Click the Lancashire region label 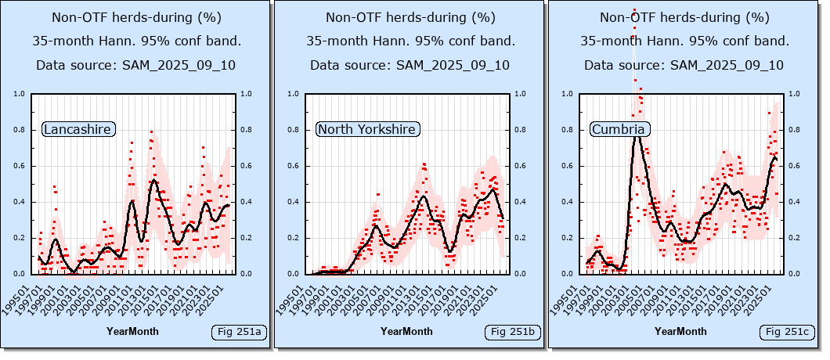pos(78,129)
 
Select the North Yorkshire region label pos(367,129)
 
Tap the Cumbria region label pos(619,129)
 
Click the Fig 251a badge pos(239,333)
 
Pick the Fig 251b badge pos(513,333)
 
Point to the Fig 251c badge pos(787,333)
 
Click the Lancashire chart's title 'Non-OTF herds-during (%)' pos(136,17)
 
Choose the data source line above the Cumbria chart pos(684,65)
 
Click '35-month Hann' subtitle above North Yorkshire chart pos(410,41)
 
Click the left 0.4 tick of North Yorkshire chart pos(298,202)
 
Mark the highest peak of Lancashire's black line pos(153,181)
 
